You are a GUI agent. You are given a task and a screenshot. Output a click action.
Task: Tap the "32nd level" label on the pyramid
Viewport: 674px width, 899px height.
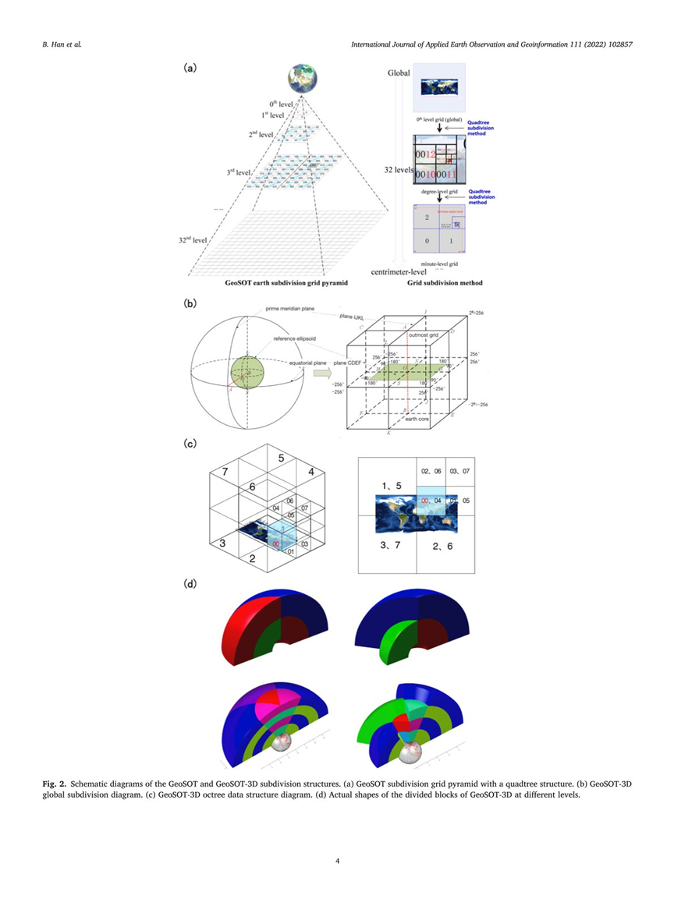point(192,241)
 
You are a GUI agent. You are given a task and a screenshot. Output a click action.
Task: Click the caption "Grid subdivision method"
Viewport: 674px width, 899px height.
point(445,283)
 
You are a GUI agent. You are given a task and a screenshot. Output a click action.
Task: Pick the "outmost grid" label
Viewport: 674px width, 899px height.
point(426,336)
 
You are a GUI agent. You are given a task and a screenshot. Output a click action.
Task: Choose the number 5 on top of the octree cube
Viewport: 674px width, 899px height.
point(282,457)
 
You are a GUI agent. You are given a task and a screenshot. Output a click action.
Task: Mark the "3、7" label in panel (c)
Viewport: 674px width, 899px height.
point(392,545)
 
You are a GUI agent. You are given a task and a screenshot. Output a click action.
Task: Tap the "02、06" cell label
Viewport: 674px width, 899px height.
point(432,471)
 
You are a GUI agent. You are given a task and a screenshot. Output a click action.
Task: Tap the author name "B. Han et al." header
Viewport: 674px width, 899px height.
point(61,43)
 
